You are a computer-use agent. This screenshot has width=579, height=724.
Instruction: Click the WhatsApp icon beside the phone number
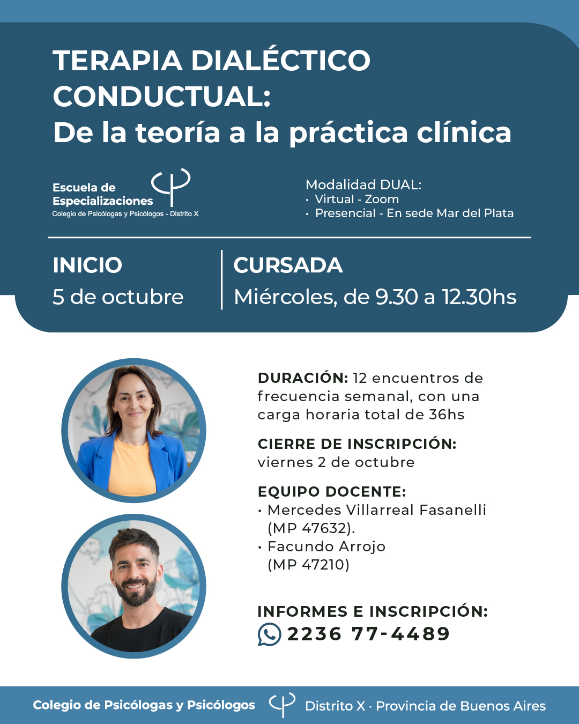point(269,634)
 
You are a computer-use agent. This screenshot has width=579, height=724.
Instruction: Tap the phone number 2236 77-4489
point(368,634)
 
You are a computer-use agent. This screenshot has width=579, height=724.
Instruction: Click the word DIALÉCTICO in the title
point(280,61)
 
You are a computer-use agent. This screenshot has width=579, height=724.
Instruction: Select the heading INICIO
point(87,265)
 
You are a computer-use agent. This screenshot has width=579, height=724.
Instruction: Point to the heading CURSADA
point(288,265)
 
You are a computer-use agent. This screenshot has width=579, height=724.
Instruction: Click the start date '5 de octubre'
point(118,297)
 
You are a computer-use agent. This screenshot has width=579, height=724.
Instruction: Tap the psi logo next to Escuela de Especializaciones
point(171,187)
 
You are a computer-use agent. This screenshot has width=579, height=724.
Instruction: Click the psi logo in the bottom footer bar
point(282,705)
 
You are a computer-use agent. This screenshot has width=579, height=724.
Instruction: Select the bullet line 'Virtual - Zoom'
point(357,199)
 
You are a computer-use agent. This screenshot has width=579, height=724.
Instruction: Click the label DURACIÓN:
point(303,378)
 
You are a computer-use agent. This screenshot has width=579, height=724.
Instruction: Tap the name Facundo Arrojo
point(326,546)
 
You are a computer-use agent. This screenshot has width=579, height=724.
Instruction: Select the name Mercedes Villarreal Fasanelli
point(377,509)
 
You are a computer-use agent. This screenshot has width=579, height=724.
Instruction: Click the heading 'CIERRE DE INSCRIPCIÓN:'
point(357,444)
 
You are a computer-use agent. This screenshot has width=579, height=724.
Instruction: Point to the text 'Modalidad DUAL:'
point(363,184)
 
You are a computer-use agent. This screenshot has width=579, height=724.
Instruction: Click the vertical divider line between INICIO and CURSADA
point(222,279)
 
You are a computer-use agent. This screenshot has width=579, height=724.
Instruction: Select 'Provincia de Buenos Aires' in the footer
point(461,706)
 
